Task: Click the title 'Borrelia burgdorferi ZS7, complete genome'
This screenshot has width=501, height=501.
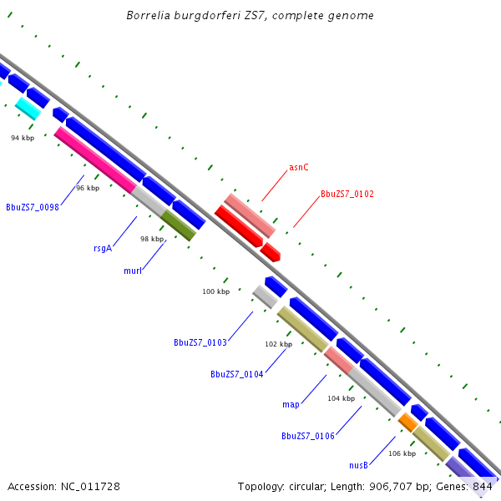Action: pyautogui.click(x=250, y=16)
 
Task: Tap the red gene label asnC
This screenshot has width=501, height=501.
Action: pyautogui.click(x=299, y=167)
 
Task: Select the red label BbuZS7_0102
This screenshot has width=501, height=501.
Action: pyautogui.click(x=347, y=194)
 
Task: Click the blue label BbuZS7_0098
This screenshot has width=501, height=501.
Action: pyautogui.click(x=32, y=207)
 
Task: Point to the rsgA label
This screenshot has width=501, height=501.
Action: pyautogui.click(x=103, y=247)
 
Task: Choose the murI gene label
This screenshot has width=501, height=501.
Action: pyautogui.click(x=132, y=271)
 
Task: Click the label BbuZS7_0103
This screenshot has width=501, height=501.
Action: pyautogui.click(x=200, y=342)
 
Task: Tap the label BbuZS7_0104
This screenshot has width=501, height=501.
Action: pyautogui.click(x=237, y=374)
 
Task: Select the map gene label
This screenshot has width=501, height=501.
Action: pyautogui.click(x=291, y=404)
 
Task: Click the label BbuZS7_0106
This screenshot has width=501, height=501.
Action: pyautogui.click(x=308, y=436)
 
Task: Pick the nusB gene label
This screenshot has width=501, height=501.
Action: pyautogui.click(x=358, y=464)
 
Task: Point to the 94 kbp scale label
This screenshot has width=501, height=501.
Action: pyautogui.click(x=23, y=138)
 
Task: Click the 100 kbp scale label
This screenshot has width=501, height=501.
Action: pyautogui.click(x=215, y=291)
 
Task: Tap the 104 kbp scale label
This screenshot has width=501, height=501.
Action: pyautogui.click(x=341, y=399)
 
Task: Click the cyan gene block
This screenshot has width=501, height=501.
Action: pyautogui.click(x=28, y=108)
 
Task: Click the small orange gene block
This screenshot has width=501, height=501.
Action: pyautogui.click(x=408, y=423)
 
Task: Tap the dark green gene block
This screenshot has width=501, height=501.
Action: pyautogui.click(x=178, y=225)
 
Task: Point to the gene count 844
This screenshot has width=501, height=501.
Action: pyautogui.click(x=483, y=486)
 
